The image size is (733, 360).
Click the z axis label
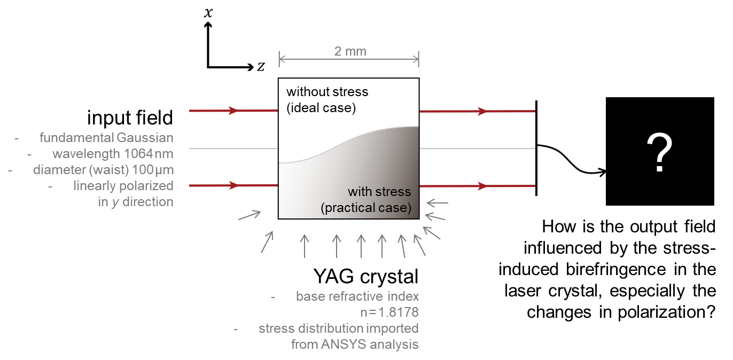(x=261, y=67)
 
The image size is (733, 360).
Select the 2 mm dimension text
(x=350, y=51)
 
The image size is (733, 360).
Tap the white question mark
(x=659, y=152)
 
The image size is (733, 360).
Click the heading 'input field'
(x=130, y=118)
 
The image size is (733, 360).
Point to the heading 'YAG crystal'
(x=366, y=277)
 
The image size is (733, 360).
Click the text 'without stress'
(x=327, y=92)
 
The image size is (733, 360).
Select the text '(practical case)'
(x=366, y=208)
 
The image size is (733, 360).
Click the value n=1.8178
(x=389, y=312)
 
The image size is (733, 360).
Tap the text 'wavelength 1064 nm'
(x=113, y=154)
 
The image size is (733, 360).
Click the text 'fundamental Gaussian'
(x=106, y=138)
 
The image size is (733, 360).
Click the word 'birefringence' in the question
(x=616, y=270)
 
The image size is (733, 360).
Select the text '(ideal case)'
(x=321, y=108)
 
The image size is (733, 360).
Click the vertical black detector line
(x=536, y=148)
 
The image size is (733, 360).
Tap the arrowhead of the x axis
(x=208, y=25)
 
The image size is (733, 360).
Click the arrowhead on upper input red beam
(x=233, y=111)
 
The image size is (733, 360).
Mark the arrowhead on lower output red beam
(x=482, y=186)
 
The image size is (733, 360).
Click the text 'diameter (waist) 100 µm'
(x=103, y=170)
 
